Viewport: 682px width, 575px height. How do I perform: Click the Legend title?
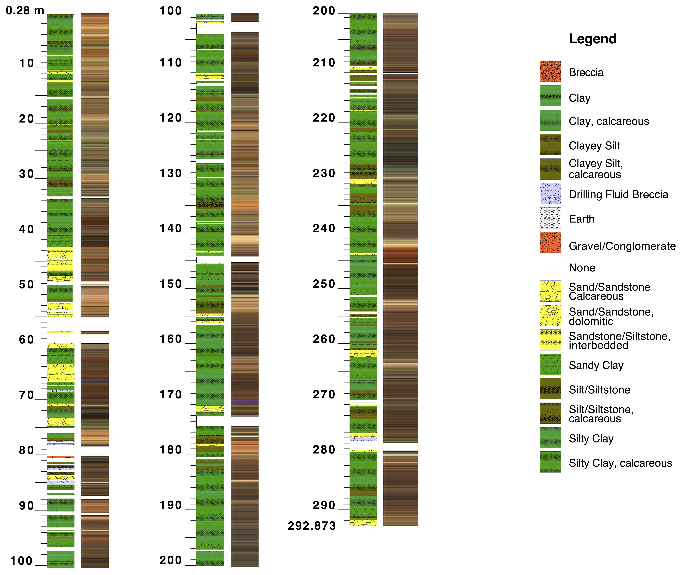(592, 39)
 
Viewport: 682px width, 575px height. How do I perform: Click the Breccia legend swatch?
(550, 71)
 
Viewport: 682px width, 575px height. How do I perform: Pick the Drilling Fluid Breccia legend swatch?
(550, 193)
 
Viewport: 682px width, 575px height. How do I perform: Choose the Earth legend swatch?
(550, 218)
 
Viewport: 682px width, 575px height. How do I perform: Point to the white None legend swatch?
(550, 267)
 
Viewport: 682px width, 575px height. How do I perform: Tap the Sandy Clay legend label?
(596, 365)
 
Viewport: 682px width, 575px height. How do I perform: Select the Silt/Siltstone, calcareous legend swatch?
(550, 413)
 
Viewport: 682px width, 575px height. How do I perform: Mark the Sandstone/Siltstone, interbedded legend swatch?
(550, 340)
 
